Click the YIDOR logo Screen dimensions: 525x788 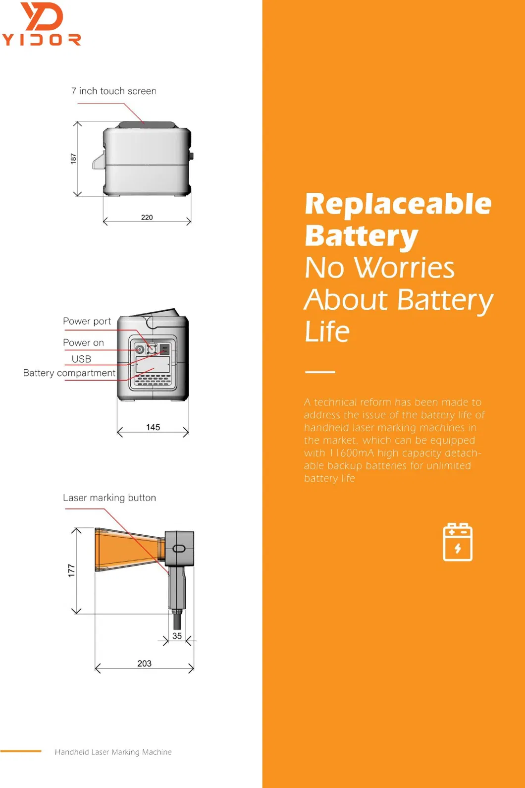pos(42,24)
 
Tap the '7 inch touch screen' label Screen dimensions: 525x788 pos(114,91)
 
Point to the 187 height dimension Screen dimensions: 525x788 pos(73,159)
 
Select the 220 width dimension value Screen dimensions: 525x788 pos(147,218)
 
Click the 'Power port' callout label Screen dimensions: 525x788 pos(87,321)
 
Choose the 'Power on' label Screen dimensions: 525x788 pos(83,342)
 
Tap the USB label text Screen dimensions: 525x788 pos(81,359)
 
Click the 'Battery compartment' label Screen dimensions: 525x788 pos(69,373)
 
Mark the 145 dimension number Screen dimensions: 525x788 pos(153,427)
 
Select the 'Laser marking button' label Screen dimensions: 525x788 pos(109,498)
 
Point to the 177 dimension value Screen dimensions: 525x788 pos(72,570)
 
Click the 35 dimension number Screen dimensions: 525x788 pos(177,636)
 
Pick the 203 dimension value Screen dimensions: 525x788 pos(144,664)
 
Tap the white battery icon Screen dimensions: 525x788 pos(458,542)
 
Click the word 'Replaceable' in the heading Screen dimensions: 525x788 pos(398,204)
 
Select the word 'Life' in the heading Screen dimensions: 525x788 pos(327,332)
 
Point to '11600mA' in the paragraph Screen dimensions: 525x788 pos(352,453)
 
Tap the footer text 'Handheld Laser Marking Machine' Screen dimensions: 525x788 pos(113,752)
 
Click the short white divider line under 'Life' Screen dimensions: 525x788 pos(320,372)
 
